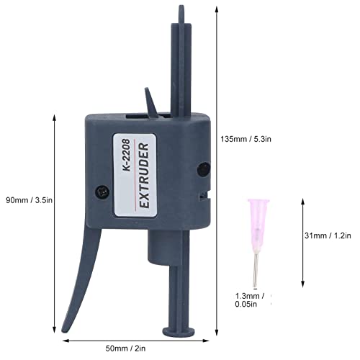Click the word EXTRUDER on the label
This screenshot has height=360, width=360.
point(145,176)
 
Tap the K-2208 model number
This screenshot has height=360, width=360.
point(126,155)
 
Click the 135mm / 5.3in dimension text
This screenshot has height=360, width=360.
point(246,139)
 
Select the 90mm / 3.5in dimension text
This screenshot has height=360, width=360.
point(29,200)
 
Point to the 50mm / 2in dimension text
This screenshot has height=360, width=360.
point(125,348)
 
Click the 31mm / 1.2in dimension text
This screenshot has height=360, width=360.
point(328,235)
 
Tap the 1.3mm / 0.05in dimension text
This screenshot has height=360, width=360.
point(250,300)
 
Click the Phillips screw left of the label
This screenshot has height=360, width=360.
point(102,192)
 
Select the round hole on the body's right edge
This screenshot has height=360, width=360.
point(204,169)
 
